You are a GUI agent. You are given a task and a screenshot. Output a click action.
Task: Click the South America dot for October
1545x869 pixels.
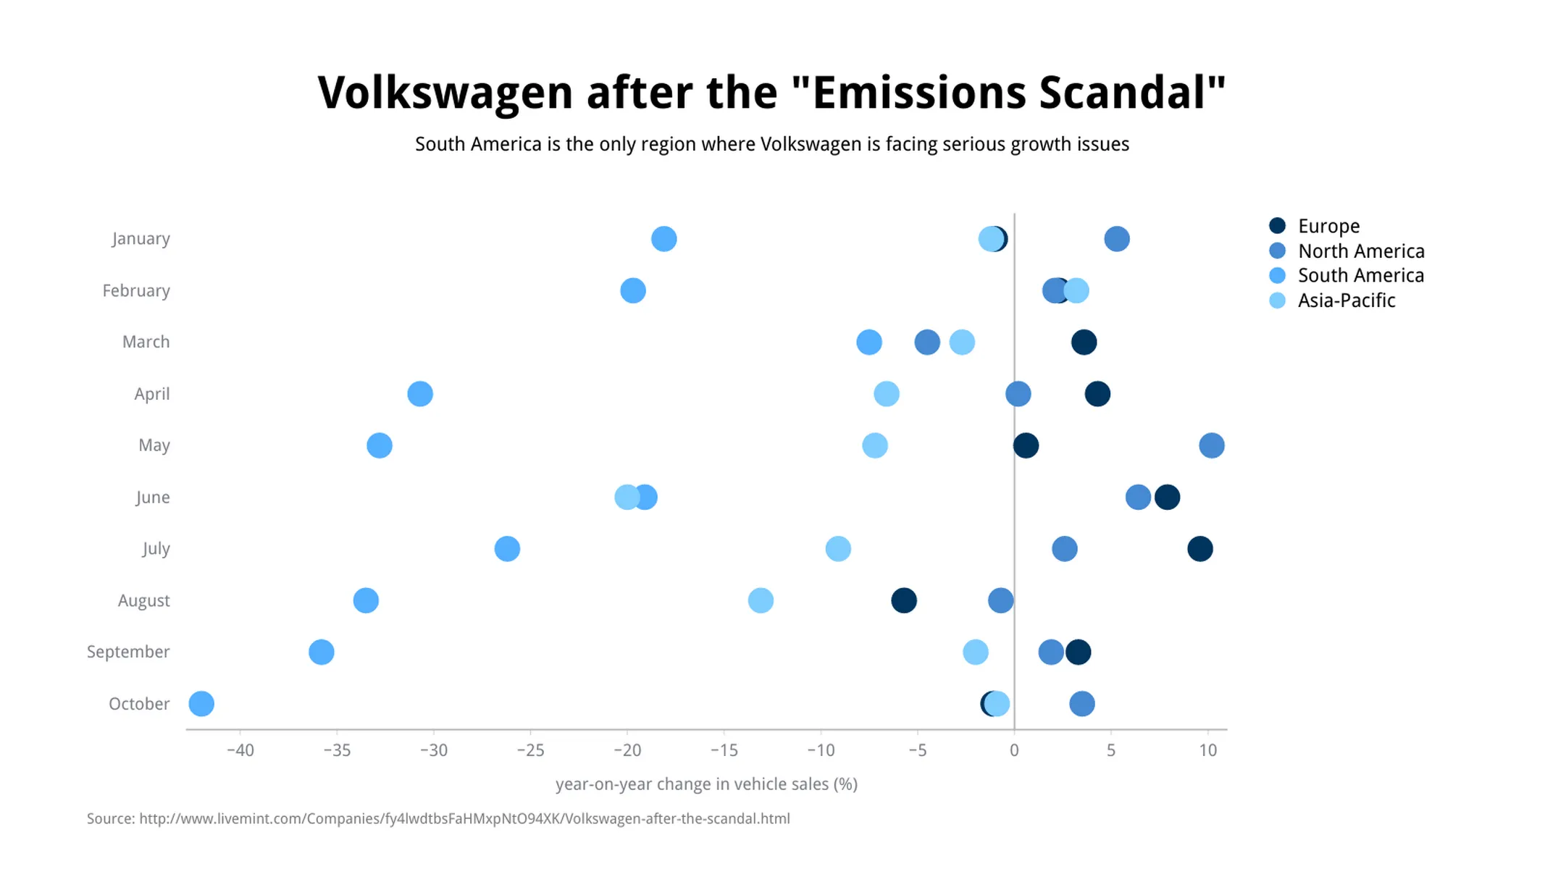point(201,704)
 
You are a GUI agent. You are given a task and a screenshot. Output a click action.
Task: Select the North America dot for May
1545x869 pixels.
point(1212,445)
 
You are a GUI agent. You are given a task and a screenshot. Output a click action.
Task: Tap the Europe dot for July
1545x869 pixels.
point(1200,549)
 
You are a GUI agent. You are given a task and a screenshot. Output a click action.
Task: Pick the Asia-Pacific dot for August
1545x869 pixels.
point(761,600)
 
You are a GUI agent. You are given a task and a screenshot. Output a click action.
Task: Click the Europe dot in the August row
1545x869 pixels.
point(904,600)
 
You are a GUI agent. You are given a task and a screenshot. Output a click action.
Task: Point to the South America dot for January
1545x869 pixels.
point(664,239)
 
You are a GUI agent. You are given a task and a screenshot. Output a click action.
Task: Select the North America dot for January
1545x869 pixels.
point(1117,239)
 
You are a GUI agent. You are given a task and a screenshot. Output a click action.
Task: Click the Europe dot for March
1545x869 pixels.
point(1084,342)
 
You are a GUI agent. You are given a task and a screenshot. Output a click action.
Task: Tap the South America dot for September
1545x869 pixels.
point(322,652)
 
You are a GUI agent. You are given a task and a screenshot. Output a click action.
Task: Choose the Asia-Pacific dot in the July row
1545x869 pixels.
point(838,549)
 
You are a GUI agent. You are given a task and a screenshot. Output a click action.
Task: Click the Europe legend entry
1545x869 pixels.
point(1328,226)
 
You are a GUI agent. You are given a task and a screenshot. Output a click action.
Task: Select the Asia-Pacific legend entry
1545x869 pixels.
point(1345,301)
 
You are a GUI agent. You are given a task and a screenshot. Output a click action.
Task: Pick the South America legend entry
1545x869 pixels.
point(1360,275)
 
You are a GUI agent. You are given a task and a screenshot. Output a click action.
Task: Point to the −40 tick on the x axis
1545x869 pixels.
point(240,750)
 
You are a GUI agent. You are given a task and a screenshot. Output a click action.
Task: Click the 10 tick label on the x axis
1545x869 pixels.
point(1207,750)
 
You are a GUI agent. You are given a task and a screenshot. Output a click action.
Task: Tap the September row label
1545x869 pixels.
point(128,652)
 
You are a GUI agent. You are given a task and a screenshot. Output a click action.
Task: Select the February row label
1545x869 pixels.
point(136,290)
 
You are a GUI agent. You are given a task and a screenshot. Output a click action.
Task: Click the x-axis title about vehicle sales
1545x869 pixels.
point(706,784)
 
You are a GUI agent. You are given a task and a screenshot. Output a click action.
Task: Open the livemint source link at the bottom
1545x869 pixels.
point(464,819)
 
